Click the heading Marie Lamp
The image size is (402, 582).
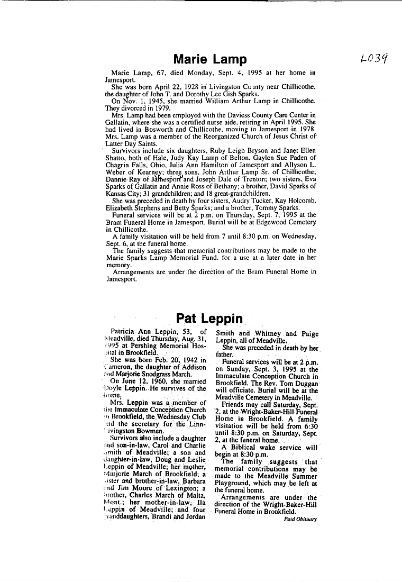(x=210, y=59)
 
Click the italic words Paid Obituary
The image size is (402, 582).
(x=300, y=520)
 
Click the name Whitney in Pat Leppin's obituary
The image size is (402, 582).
(x=268, y=334)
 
